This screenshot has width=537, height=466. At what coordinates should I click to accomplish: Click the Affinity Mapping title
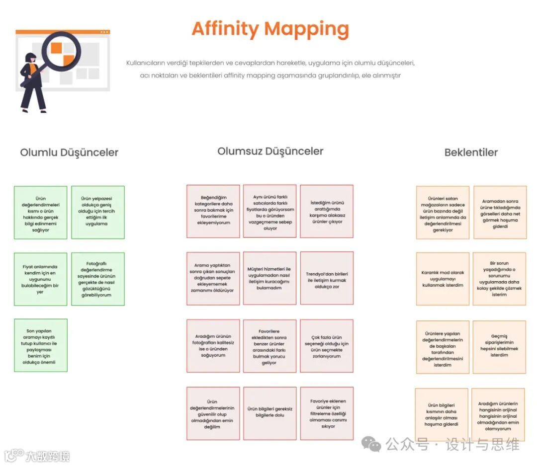click(x=270, y=29)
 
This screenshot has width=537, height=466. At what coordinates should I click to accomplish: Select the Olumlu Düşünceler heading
click(x=69, y=152)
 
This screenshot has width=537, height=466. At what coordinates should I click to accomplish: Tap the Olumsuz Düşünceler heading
click(x=270, y=151)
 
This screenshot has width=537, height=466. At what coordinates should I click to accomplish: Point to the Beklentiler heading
click(x=471, y=152)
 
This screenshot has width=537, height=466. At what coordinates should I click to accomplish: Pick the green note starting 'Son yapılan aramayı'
click(x=40, y=346)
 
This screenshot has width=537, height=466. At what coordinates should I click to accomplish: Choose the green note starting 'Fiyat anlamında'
click(x=40, y=279)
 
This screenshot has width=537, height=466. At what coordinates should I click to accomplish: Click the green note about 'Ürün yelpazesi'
click(x=98, y=212)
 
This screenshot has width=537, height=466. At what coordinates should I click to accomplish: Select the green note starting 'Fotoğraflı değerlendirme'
click(x=98, y=279)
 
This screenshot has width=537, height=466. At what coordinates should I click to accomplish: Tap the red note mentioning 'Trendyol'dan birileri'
click(x=327, y=278)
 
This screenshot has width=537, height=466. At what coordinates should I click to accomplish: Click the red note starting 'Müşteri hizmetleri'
click(x=270, y=278)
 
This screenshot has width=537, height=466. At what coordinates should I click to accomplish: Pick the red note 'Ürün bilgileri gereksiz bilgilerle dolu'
click(x=270, y=413)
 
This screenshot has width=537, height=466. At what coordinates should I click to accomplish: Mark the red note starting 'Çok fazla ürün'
click(x=327, y=346)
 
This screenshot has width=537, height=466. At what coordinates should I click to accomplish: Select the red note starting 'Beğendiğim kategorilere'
click(x=213, y=212)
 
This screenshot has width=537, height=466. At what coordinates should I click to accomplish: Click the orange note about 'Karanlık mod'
click(x=443, y=279)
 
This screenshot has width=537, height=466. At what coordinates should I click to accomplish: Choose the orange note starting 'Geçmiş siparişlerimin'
click(x=499, y=347)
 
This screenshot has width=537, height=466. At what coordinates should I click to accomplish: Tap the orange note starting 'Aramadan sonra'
click(x=500, y=212)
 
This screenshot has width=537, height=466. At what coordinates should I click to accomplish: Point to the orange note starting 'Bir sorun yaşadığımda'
click(x=499, y=279)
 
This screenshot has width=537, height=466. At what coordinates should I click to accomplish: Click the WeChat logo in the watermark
click(x=371, y=444)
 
